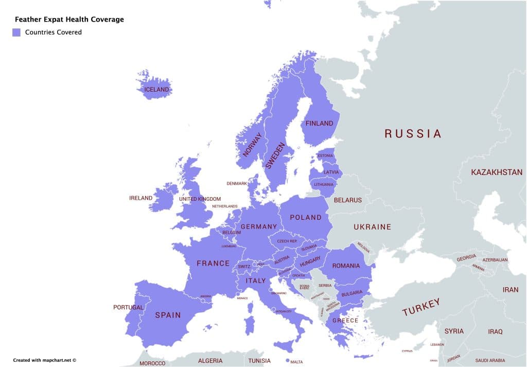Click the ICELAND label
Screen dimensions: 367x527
click(156, 90)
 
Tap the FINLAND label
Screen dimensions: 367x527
click(319, 124)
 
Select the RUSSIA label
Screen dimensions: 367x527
click(413, 134)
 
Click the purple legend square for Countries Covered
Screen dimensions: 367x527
click(16, 32)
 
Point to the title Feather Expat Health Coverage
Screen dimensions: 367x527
click(69, 20)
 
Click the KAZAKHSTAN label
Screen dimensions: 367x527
click(496, 172)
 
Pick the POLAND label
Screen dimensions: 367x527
click(306, 217)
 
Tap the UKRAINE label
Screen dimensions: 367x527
click(372, 227)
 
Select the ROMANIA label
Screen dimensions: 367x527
click(346, 266)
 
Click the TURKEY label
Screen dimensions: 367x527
click(421, 307)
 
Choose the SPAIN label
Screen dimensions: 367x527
click(168, 315)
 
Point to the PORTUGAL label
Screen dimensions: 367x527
click(128, 307)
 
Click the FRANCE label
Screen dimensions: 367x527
click(213, 264)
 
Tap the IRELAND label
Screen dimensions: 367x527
click(140, 198)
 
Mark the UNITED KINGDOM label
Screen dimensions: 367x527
click(200, 199)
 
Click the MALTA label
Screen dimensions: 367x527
click(296, 362)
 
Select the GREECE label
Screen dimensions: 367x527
click(345, 320)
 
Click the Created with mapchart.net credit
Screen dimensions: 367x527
click(45, 360)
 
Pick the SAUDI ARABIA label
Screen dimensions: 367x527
click(490, 361)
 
